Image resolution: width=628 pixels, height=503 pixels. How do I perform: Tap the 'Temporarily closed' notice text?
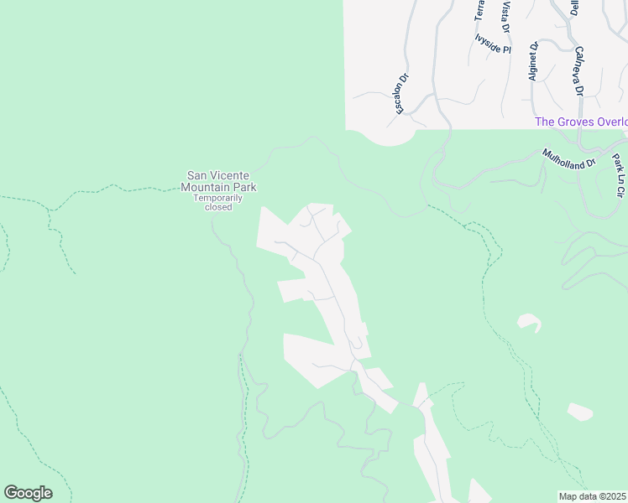coord(217,202)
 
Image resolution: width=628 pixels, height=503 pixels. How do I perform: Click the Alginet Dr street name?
coord(533,61)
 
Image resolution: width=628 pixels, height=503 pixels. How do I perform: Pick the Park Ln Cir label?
coord(619,175)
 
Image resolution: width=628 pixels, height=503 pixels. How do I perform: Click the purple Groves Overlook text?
coord(581,122)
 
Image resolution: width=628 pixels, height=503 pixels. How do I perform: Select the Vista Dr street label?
coord(505,17)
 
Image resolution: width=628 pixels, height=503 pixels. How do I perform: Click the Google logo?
coord(28,493)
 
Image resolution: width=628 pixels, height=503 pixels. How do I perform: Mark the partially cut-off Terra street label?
coord(480,10)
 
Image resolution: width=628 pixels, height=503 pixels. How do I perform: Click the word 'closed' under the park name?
coord(217,207)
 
